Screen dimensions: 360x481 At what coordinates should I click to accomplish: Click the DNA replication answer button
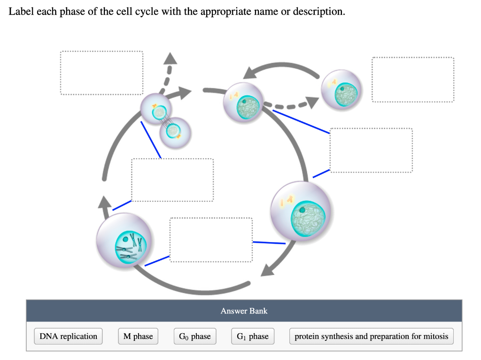(68, 337)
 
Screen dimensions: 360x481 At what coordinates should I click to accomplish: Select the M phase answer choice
(138, 337)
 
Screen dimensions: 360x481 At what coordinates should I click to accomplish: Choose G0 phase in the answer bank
(195, 337)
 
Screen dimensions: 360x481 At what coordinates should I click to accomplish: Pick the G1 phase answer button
(252, 337)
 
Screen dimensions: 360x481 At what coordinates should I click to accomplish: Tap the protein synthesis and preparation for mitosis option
(371, 337)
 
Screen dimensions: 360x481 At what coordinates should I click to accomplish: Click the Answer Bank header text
(244, 311)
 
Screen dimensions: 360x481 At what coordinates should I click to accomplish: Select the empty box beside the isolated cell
(413, 79)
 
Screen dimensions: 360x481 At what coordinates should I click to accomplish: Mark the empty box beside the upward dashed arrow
(101, 73)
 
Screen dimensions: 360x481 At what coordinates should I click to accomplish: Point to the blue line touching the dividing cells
(151, 139)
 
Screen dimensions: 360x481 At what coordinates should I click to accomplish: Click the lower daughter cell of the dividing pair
(175, 132)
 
